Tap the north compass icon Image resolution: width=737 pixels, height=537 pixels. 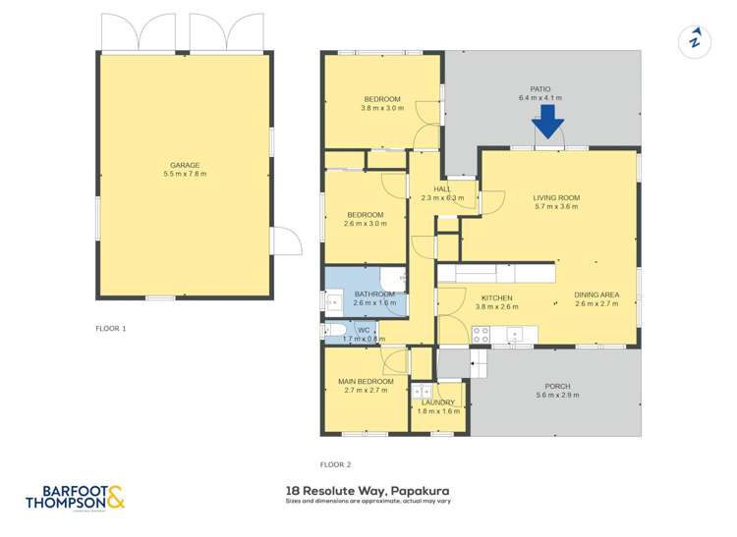[696, 40]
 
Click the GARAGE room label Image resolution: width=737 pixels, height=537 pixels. [185, 165]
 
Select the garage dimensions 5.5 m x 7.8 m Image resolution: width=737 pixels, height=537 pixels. [185, 175]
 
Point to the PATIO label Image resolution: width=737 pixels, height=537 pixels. [539, 88]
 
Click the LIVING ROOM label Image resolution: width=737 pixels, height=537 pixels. [555, 196]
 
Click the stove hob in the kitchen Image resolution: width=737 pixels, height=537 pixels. [482, 334]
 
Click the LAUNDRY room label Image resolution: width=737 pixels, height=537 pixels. [438, 403]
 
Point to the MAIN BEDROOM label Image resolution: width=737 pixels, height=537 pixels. [366, 381]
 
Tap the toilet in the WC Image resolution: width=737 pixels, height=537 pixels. [334, 330]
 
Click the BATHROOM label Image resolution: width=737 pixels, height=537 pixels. [374, 295]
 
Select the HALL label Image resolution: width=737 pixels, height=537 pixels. [428, 188]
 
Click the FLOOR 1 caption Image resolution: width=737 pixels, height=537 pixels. [111, 327]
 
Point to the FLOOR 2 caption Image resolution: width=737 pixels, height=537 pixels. [335, 464]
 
